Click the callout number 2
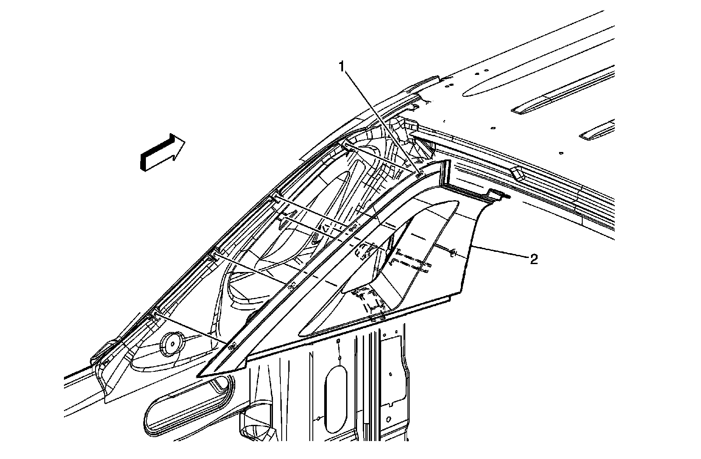[x=534, y=260]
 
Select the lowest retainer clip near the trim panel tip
[x=232, y=346]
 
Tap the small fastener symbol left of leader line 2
[x=453, y=252]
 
